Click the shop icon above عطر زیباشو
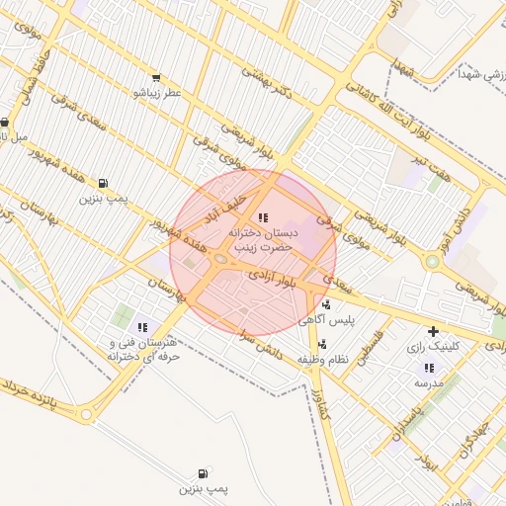click(x=156, y=78)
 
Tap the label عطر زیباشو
click(x=158, y=93)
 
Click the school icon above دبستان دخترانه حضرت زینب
click(x=262, y=216)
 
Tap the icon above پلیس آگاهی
click(x=325, y=304)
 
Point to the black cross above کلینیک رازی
click(x=432, y=332)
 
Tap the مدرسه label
click(x=429, y=381)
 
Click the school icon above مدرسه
click(x=428, y=368)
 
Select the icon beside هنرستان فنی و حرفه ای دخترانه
click(x=142, y=327)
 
